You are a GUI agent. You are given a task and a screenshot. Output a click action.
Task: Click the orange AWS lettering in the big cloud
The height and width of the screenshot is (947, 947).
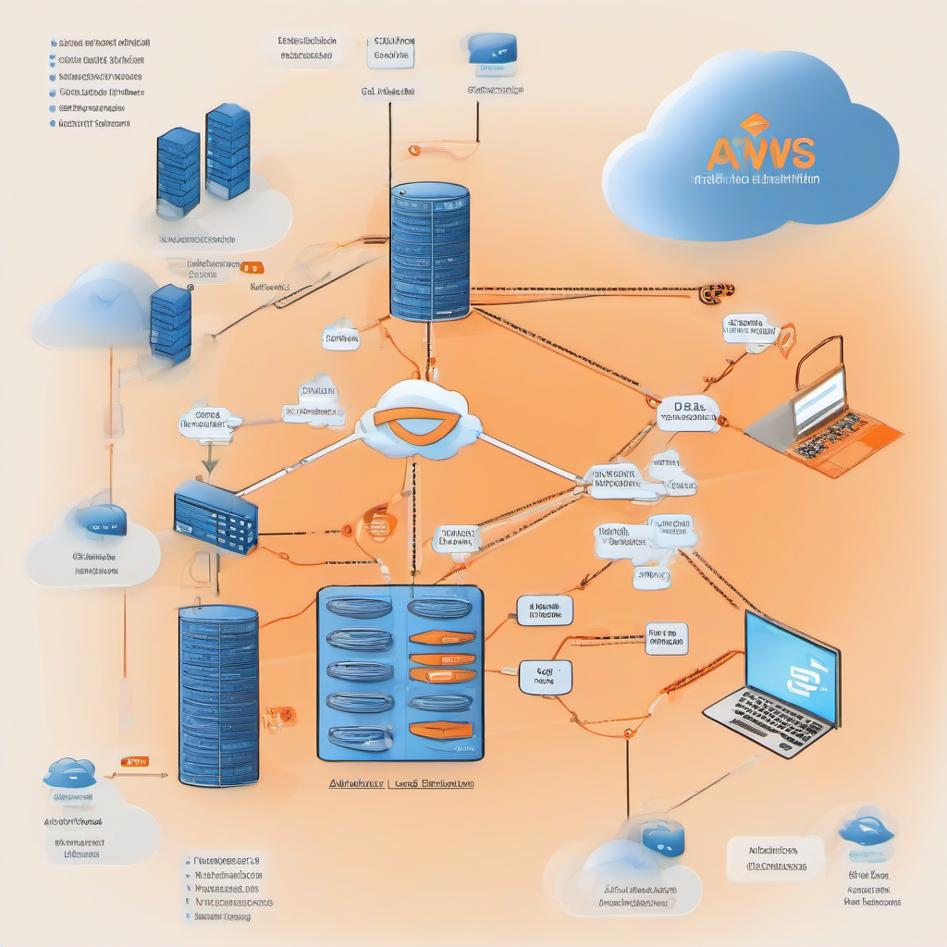point(761,152)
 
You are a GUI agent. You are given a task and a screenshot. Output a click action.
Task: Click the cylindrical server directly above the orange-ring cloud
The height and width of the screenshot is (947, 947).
point(429,251)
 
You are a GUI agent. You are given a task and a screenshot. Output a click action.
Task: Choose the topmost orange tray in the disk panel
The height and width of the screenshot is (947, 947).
point(441,637)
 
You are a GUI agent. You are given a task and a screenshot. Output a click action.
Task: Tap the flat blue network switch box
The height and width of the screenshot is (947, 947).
point(215,517)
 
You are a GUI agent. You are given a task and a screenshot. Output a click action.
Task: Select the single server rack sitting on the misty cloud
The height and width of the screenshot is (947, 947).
point(170,323)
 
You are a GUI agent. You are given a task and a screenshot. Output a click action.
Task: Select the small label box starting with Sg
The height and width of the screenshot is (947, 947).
point(545,676)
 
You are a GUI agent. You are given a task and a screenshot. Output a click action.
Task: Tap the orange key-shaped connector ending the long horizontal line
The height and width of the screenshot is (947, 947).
point(715,293)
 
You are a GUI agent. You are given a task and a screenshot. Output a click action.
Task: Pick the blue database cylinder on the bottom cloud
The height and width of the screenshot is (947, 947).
point(662,839)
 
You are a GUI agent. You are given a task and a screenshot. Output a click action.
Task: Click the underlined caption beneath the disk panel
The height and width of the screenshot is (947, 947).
point(402,783)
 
